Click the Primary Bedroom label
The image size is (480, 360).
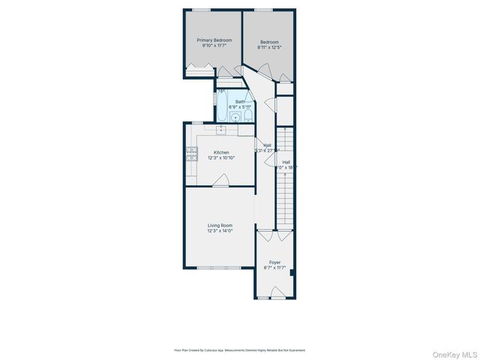(x=214, y=40)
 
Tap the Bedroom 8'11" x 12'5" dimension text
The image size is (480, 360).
(x=269, y=46)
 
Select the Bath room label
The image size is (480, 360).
(x=240, y=102)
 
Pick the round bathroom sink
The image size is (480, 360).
(x=235, y=116)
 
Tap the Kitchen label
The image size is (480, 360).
(x=221, y=152)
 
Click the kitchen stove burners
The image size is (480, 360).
(x=190, y=153)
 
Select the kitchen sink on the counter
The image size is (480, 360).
(x=221, y=129)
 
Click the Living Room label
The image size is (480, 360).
(x=220, y=225)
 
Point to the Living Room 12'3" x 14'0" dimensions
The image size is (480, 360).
(x=220, y=230)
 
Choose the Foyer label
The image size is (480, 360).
(x=275, y=262)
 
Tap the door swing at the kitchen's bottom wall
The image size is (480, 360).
(x=220, y=180)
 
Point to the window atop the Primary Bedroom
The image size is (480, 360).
(x=200, y=10)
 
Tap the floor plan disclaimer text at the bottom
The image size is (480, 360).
(x=240, y=349)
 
